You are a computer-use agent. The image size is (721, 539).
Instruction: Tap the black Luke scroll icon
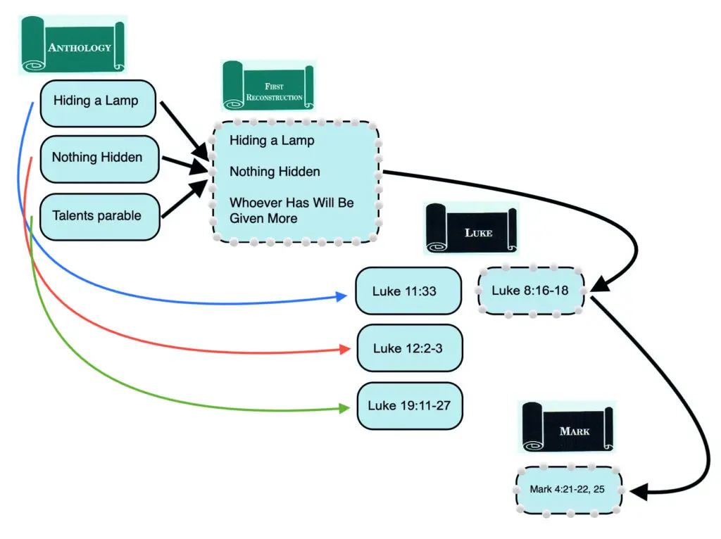tap(471, 228)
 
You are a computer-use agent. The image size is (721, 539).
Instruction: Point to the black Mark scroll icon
tap(568, 426)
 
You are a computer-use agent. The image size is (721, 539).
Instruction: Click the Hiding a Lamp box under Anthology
tap(97, 100)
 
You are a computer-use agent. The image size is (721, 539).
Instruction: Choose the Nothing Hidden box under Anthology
tap(97, 158)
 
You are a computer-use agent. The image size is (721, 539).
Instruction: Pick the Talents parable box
tap(97, 216)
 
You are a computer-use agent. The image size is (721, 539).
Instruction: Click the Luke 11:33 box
tap(408, 290)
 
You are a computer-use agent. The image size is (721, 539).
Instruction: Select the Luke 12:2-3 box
tap(408, 348)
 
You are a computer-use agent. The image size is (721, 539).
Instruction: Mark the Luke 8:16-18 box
tap(530, 291)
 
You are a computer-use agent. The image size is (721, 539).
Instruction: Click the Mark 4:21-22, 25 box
tap(569, 489)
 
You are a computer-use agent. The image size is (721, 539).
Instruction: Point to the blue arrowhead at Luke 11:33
tap(342, 296)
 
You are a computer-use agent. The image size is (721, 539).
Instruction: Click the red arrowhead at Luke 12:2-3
tap(344, 349)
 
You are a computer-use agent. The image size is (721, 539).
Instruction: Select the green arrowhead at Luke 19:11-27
tap(344, 408)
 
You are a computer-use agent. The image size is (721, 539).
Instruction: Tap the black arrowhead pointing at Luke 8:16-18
tap(599, 285)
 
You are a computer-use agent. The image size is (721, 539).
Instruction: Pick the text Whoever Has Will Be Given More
tap(291, 210)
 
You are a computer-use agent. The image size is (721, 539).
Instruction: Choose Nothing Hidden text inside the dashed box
tap(275, 172)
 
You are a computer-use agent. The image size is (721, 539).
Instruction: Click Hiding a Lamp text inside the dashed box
tap(272, 140)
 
